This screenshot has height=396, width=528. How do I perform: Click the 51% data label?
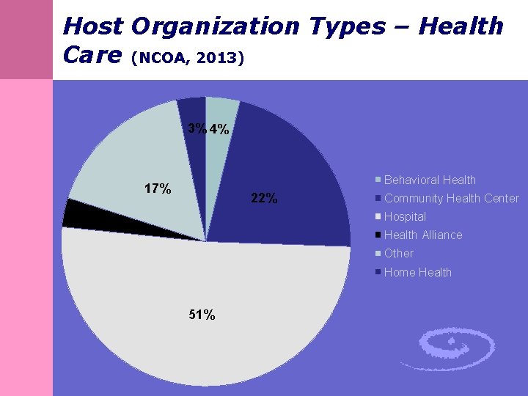202,315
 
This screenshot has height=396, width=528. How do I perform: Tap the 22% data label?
264,198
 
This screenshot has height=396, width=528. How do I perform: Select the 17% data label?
158,188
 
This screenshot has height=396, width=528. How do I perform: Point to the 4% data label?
219,130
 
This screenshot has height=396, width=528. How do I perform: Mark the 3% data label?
197,128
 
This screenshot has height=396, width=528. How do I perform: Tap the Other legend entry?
399,253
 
